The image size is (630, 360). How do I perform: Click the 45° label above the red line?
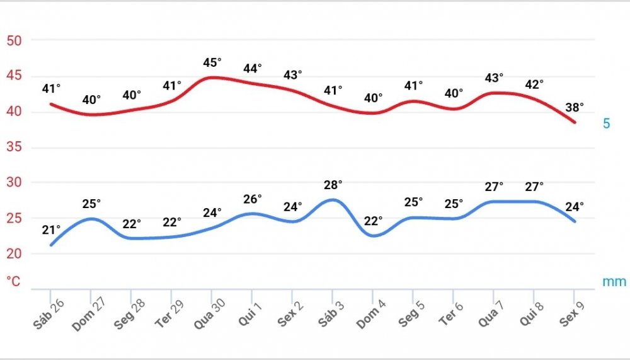(212, 62)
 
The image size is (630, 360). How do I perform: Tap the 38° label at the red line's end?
(574, 107)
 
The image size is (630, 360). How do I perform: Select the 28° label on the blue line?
(333, 185)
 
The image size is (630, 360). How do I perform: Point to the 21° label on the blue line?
(51, 229)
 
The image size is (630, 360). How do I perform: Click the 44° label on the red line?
(252, 68)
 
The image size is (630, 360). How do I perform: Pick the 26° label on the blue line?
(252, 199)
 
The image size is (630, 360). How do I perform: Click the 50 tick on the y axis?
(14, 41)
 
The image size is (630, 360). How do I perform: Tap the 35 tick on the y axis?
(14, 148)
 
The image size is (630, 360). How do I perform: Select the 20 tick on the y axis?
(14, 254)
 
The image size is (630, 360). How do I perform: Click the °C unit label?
(13, 281)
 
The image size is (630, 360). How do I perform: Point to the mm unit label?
(614, 282)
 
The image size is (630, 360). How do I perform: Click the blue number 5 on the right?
(606, 124)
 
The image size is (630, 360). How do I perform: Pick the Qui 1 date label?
(251, 311)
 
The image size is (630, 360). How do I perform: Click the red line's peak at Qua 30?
(212, 78)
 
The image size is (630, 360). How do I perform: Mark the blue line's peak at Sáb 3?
(333, 200)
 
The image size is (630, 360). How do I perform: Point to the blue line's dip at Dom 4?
(373, 236)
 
